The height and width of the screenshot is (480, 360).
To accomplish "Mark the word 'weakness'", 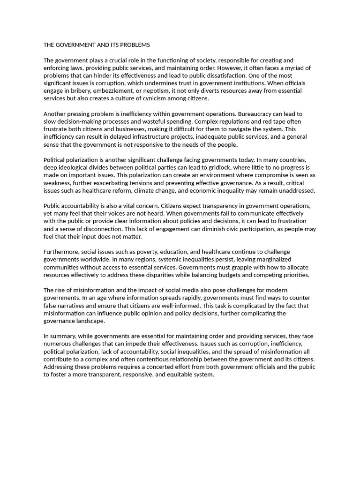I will tap(58, 183).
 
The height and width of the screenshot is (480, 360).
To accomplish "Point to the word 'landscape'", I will tap(89, 321).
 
